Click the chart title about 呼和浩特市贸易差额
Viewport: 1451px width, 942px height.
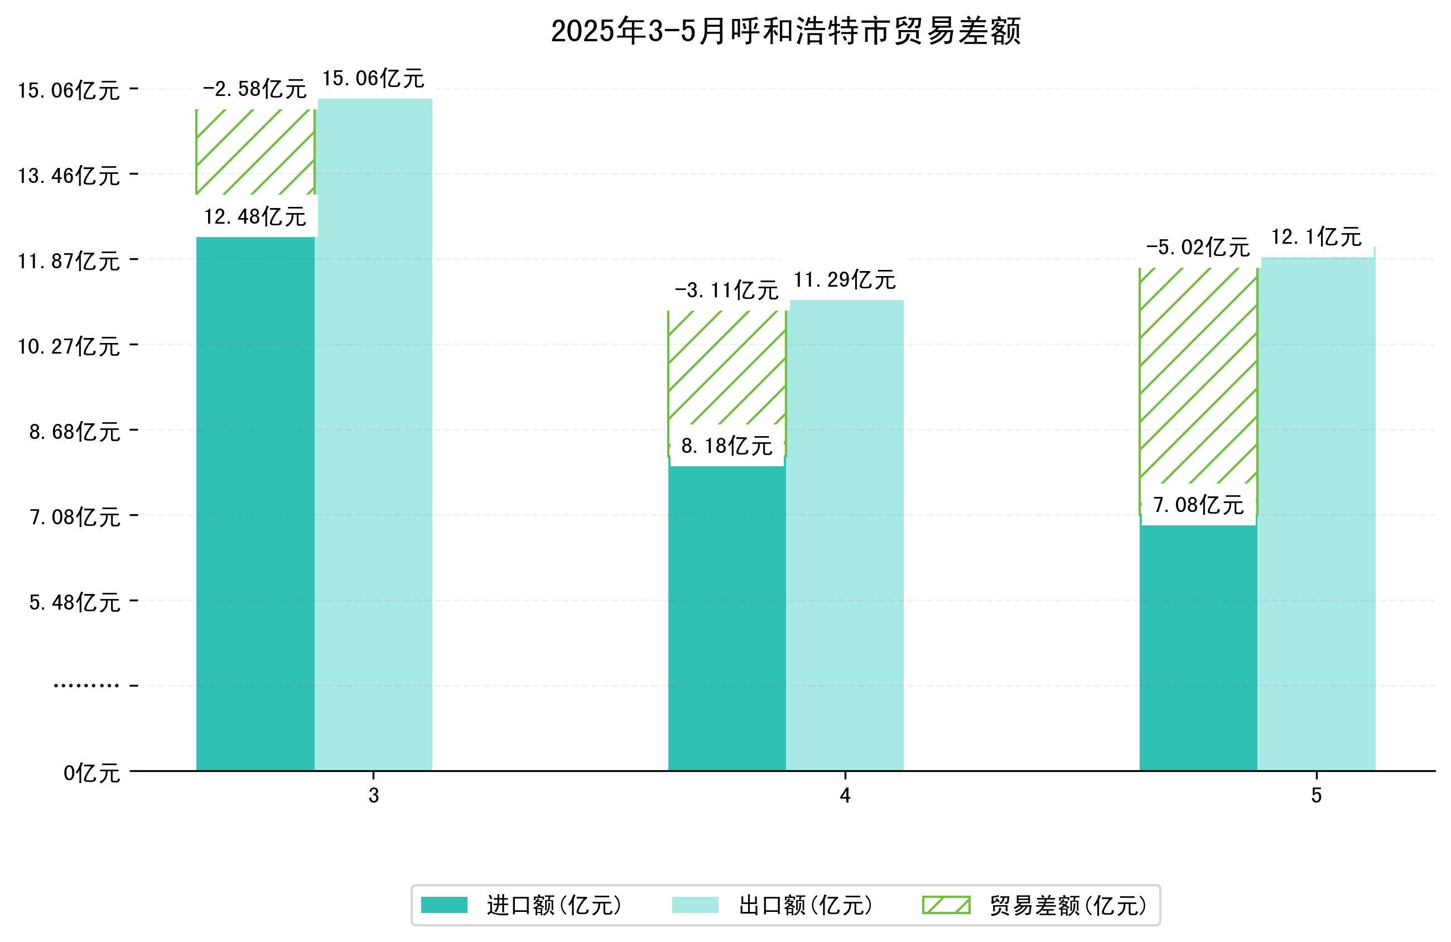pyautogui.click(x=785, y=32)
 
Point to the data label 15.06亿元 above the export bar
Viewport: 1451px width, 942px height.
pyautogui.click(x=373, y=79)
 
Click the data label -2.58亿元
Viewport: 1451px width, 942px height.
pyautogui.click(x=254, y=90)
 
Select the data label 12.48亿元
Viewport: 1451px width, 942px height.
pyautogui.click(x=255, y=216)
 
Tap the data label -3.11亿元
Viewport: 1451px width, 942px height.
pyautogui.click(x=726, y=290)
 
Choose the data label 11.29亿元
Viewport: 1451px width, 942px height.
pyautogui.click(x=845, y=280)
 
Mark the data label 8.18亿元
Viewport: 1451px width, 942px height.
pyautogui.click(x=726, y=446)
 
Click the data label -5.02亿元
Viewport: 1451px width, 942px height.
pyautogui.click(x=1197, y=248)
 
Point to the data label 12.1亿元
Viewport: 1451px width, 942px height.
pyautogui.click(x=1315, y=236)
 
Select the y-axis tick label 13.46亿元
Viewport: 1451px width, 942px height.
pyautogui.click(x=69, y=176)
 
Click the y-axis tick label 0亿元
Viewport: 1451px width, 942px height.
pyautogui.click(x=91, y=773)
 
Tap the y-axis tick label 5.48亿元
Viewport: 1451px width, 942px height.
pyautogui.click(x=74, y=602)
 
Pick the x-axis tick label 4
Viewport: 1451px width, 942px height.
pyautogui.click(x=845, y=796)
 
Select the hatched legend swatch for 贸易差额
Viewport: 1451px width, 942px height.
pyautogui.click(x=946, y=905)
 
